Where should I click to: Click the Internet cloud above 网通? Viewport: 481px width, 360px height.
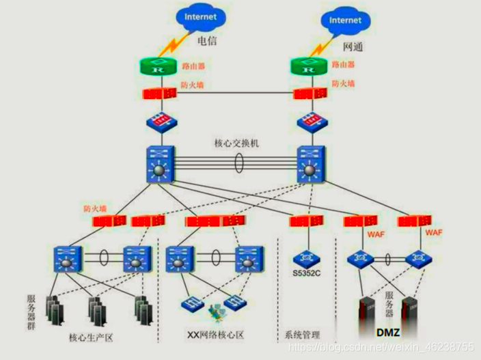click(x=344, y=20)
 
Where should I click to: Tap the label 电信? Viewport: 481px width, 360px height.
click(x=207, y=41)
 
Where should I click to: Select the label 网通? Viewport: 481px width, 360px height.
click(x=352, y=49)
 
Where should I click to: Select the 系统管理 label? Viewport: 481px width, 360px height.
click(x=302, y=335)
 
